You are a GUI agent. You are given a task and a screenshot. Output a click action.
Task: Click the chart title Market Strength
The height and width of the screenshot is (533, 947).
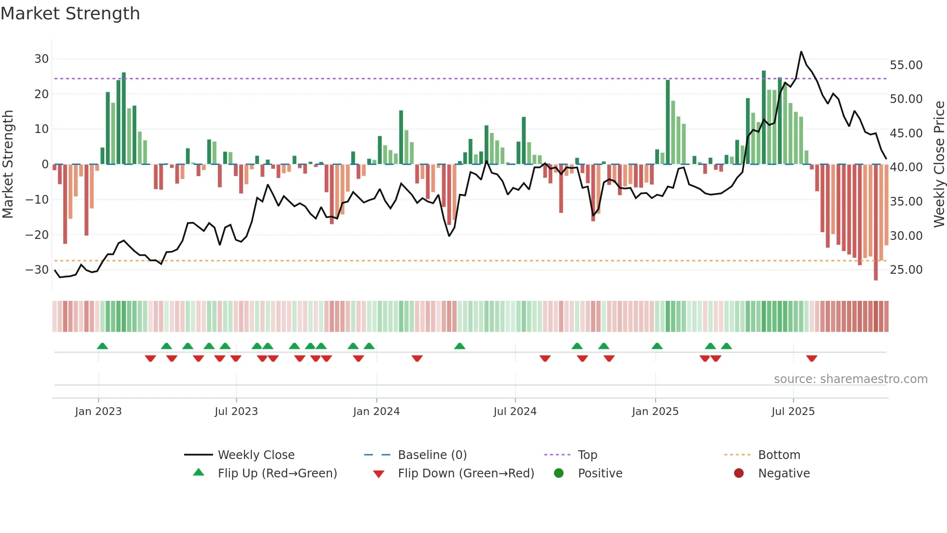[x=70, y=14]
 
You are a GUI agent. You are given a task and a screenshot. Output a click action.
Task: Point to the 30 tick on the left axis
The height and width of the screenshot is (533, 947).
[x=42, y=59]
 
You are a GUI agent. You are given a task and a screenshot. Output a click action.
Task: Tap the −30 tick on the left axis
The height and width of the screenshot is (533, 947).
[x=38, y=270]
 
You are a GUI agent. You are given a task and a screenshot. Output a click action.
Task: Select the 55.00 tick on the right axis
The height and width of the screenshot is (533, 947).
[x=906, y=65]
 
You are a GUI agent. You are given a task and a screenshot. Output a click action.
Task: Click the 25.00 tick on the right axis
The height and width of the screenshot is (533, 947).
[x=906, y=270]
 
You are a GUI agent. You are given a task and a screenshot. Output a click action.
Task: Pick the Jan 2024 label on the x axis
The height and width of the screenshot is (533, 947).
[x=376, y=412]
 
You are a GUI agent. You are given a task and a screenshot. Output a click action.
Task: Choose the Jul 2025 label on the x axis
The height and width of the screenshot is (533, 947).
[x=793, y=412]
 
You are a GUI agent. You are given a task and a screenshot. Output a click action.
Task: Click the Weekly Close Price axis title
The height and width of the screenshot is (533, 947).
[x=939, y=164]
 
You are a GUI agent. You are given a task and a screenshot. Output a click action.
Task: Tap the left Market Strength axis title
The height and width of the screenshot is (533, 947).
[x=8, y=164]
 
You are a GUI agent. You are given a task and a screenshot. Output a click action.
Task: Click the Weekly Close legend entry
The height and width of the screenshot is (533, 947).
[x=256, y=455]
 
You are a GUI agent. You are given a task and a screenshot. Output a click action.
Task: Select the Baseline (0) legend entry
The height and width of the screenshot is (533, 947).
[x=432, y=455]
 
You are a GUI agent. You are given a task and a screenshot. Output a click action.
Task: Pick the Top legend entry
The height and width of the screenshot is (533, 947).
[x=587, y=455]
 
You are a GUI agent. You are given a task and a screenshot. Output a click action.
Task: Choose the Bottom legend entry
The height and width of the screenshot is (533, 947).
[x=779, y=455]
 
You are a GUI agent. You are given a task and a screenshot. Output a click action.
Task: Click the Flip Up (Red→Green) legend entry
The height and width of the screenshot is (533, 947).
[x=277, y=474]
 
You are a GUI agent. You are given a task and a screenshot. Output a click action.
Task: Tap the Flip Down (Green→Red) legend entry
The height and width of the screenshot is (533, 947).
[x=466, y=474]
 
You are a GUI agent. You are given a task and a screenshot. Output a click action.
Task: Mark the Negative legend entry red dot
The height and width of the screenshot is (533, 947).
[x=739, y=474]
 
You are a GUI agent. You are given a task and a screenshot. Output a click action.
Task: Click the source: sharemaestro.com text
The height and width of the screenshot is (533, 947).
[x=850, y=379]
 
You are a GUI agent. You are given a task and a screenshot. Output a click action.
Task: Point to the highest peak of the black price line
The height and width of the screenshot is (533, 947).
[x=801, y=52]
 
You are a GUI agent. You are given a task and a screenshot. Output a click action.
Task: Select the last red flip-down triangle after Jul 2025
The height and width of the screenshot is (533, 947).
[x=812, y=358]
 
